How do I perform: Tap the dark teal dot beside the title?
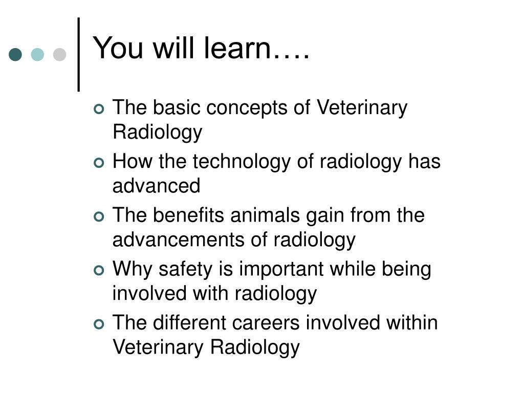click(15, 55)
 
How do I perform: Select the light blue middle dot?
click(37, 55)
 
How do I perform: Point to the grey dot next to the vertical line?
click(60, 55)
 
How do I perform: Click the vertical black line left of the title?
click(79, 55)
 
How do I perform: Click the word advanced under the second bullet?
click(156, 186)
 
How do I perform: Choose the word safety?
click(185, 269)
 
